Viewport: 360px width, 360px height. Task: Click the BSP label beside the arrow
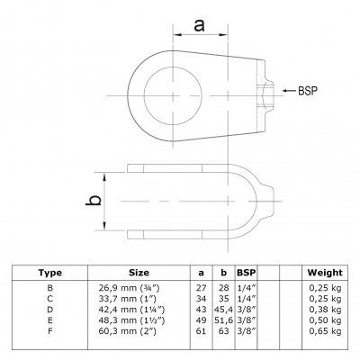[x=308, y=91]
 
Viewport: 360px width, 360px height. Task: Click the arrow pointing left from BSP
[x=289, y=90]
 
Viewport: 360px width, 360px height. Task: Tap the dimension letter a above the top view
[x=199, y=25]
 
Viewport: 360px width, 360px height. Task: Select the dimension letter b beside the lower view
[x=94, y=201]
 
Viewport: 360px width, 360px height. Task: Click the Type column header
[x=50, y=273]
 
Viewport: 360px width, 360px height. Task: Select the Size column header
[x=139, y=273]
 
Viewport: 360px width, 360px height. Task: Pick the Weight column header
[x=325, y=273]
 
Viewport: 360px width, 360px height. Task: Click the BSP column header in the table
[x=247, y=273]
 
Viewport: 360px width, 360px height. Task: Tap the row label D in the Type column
[x=50, y=310]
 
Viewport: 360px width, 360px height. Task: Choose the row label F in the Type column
[x=50, y=331]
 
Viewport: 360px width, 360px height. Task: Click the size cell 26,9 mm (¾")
[x=129, y=288]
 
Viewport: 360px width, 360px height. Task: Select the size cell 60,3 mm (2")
[x=128, y=331]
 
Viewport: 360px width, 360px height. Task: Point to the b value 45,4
[x=223, y=310]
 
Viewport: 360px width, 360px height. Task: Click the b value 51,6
[x=223, y=320]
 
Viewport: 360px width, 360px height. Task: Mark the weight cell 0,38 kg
[x=326, y=310]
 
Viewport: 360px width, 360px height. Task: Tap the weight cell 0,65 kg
[x=326, y=331]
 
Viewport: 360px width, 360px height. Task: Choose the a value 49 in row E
[x=201, y=320]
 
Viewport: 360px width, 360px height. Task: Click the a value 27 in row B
[x=201, y=288]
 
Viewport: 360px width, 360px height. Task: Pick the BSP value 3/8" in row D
[x=247, y=310]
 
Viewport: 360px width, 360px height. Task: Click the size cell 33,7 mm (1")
[x=128, y=299]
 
